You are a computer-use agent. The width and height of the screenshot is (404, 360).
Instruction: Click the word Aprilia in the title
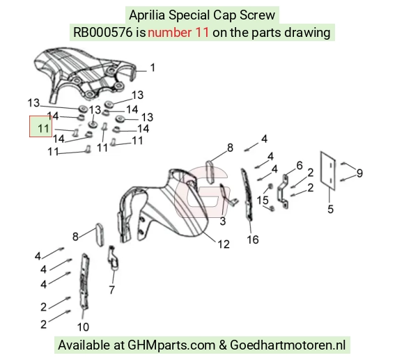pyautogui.click(x=146, y=15)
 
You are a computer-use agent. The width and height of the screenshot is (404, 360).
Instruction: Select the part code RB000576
pyautogui.click(x=103, y=33)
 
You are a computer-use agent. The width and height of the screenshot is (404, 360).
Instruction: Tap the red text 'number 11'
pyautogui.click(x=178, y=33)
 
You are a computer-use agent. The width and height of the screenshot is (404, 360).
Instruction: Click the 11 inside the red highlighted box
pyautogui.click(x=43, y=129)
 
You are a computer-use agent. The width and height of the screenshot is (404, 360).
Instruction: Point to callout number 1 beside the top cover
pyautogui.click(x=153, y=68)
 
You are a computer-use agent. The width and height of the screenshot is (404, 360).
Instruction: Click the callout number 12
pyautogui.click(x=224, y=244)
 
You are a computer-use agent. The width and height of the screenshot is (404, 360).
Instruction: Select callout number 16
pyautogui.click(x=253, y=240)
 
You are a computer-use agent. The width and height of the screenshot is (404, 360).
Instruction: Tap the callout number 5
pyautogui.click(x=331, y=209)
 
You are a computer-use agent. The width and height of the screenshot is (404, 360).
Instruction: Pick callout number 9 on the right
pyautogui.click(x=359, y=173)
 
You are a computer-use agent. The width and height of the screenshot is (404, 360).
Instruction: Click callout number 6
pyautogui.click(x=300, y=166)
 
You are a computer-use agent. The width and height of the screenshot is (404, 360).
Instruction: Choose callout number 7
pyautogui.click(x=111, y=290)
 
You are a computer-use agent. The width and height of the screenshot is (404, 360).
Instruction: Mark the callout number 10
pyautogui.click(x=83, y=327)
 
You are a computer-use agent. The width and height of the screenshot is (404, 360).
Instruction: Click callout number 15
pyautogui.click(x=263, y=200)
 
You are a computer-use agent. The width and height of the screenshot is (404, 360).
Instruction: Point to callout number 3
pyautogui.click(x=223, y=221)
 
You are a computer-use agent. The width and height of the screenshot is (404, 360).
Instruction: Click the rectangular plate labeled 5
pyautogui.click(x=328, y=171)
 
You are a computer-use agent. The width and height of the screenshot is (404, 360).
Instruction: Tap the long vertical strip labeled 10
pyautogui.click(x=84, y=281)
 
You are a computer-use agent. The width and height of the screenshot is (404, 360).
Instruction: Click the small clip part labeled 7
pyautogui.click(x=113, y=258)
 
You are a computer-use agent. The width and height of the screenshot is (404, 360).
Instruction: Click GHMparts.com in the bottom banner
pyautogui.click(x=171, y=345)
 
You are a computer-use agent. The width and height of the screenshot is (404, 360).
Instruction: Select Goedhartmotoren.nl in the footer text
pyautogui.click(x=288, y=345)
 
